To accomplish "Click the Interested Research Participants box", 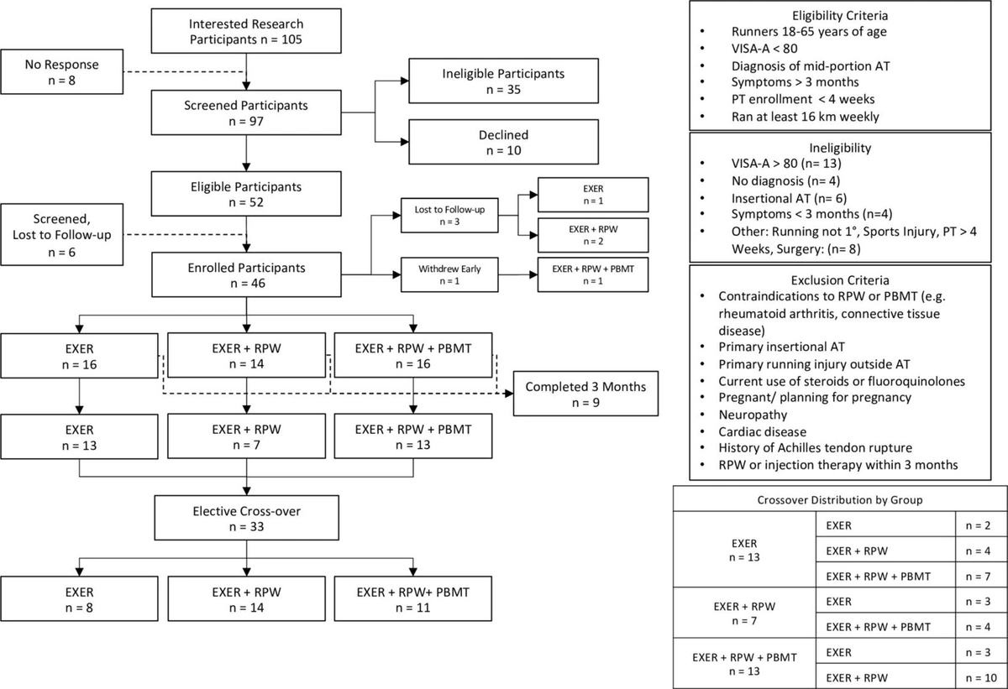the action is (246, 31).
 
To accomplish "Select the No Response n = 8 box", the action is (61, 72).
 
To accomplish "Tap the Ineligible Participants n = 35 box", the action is (503, 81).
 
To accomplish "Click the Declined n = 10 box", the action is (503, 142).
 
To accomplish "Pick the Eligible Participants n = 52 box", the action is (246, 194).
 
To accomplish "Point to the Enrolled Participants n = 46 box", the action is (246, 274).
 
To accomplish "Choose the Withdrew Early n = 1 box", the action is (449, 274).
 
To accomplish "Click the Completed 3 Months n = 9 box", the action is (586, 394).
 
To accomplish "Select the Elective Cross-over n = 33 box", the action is (247, 518).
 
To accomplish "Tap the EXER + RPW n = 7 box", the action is (247, 436).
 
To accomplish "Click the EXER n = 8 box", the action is (79, 599).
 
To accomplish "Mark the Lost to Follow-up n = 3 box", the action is (449, 216).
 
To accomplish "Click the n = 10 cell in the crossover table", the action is (981, 677).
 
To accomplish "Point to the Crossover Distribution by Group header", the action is (840, 500).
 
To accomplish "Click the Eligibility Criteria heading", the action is (840, 16).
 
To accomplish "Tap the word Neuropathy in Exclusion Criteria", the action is (753, 415).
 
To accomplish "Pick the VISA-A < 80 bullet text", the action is (764, 48).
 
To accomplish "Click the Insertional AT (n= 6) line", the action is (790, 198).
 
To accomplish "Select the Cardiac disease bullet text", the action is (763, 431).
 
